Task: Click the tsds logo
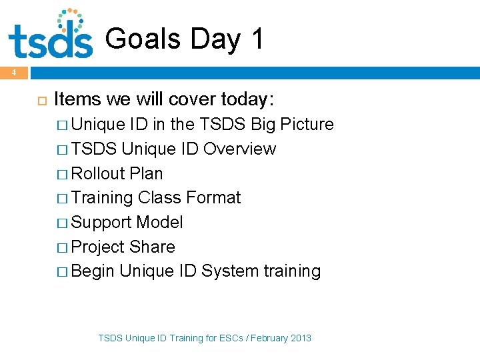tap(50, 35)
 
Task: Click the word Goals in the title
tap(143, 39)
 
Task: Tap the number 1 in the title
tap(257, 39)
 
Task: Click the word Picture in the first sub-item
tap(307, 125)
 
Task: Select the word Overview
tap(239, 149)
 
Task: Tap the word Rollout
tap(98, 173)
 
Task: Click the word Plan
tap(146, 173)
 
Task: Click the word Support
tap(103, 223)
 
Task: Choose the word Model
tap(161, 223)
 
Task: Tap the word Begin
tap(93, 271)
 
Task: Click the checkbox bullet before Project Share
tap(62, 247)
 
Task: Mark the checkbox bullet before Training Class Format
tap(62, 199)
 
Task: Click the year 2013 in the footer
tap(300, 338)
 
